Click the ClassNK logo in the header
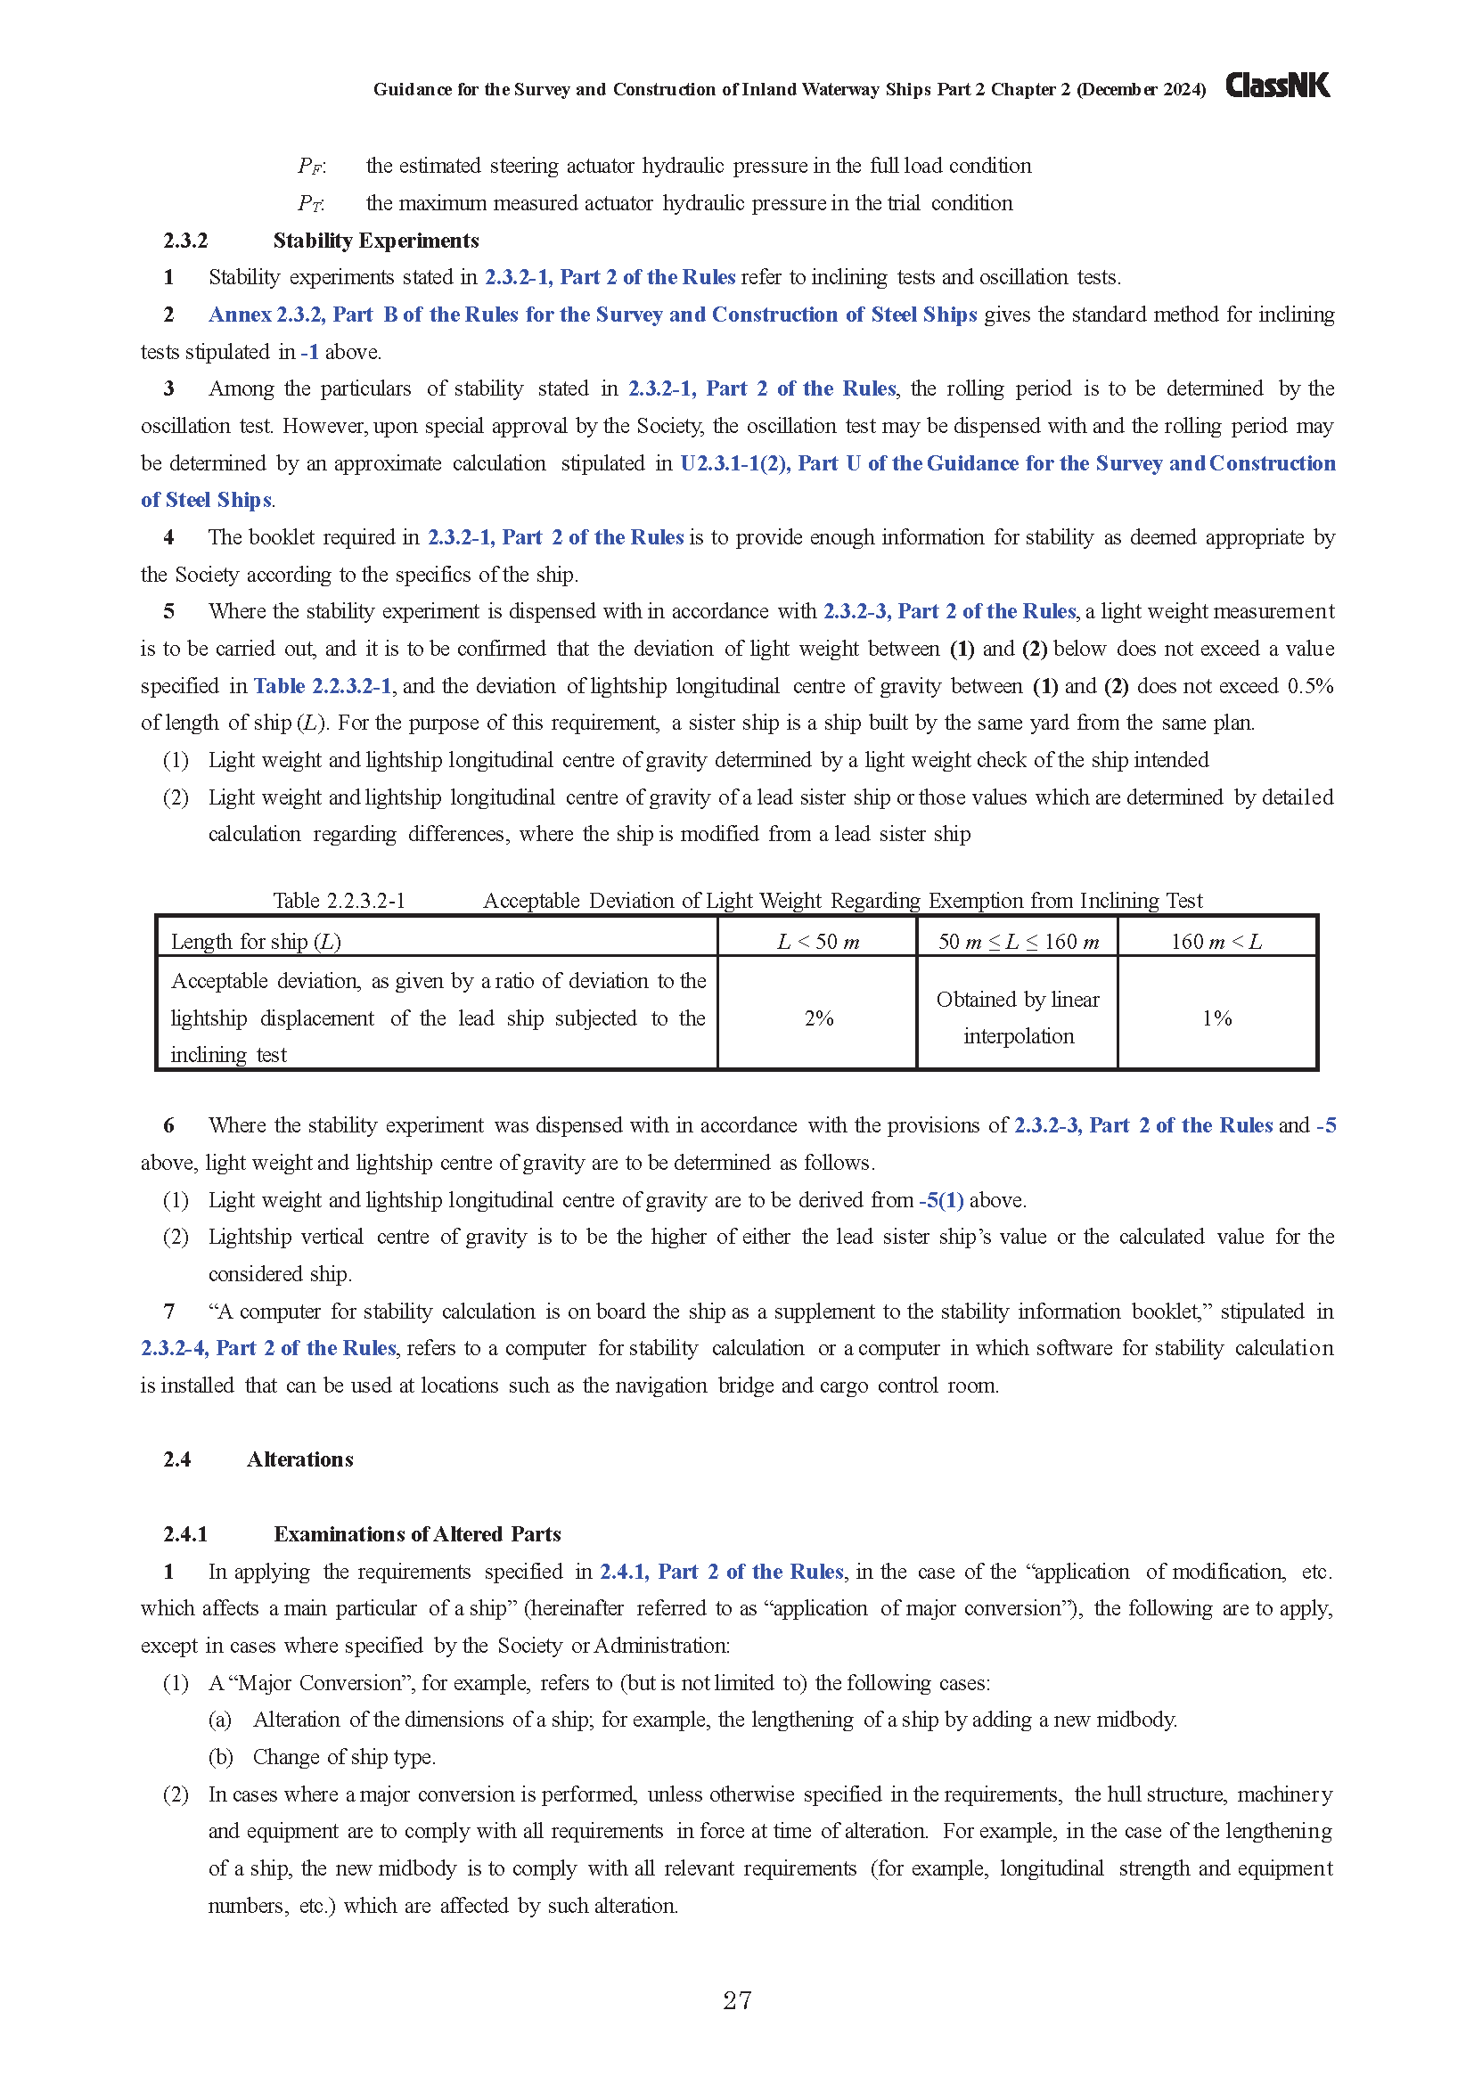(x=1277, y=86)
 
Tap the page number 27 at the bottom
(x=737, y=1999)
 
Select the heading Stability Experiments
(x=376, y=241)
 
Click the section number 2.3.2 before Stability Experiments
(x=185, y=241)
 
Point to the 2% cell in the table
(x=818, y=1018)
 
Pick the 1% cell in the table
(x=1216, y=1018)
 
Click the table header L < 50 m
(x=818, y=941)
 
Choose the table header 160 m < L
(x=1216, y=941)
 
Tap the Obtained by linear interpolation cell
(x=1018, y=1017)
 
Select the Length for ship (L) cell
(x=256, y=941)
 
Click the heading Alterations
(x=299, y=1459)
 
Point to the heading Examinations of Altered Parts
(x=417, y=1534)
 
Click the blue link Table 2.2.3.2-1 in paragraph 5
(x=323, y=686)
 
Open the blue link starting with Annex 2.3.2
(x=593, y=315)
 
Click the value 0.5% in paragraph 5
(x=1310, y=686)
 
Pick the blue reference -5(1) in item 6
(x=941, y=1200)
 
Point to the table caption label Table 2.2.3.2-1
(x=340, y=901)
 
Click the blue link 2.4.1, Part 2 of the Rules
(x=722, y=1571)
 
